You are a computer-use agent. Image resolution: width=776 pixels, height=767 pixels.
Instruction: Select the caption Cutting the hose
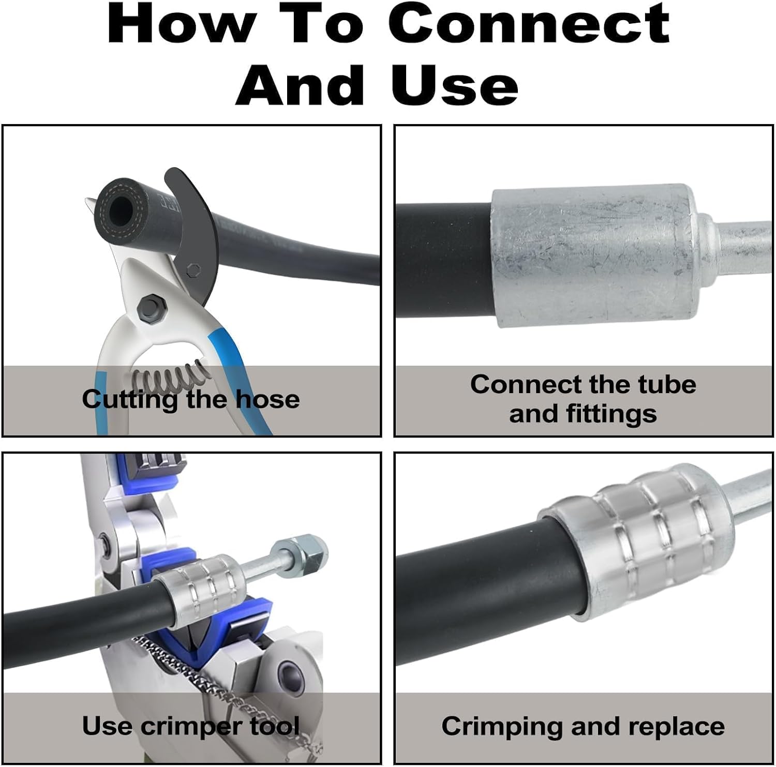click(190, 400)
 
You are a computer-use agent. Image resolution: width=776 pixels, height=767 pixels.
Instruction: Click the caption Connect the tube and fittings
click(583, 399)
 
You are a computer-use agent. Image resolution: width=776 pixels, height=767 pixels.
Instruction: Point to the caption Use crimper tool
click(190, 726)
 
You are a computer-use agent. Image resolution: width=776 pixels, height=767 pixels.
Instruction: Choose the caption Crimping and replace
click(583, 726)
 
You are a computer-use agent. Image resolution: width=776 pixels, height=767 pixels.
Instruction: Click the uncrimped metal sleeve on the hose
click(595, 256)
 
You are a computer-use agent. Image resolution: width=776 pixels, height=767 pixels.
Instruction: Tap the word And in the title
click(300, 84)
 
